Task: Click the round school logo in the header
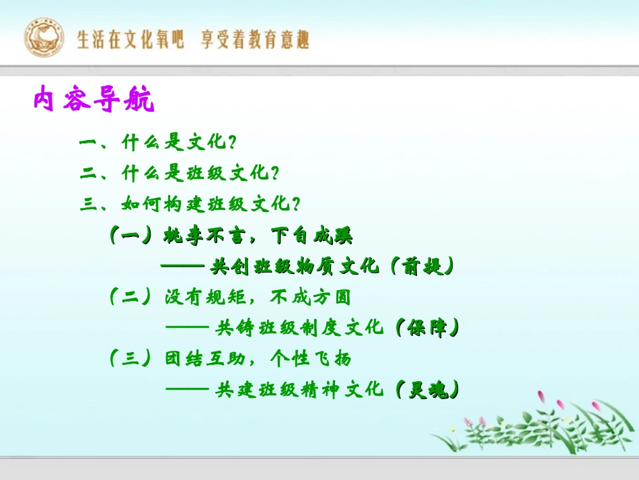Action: [x=44, y=38]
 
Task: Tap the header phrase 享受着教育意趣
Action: [x=256, y=40]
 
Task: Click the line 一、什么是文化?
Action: [x=159, y=143]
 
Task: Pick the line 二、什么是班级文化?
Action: [x=179, y=173]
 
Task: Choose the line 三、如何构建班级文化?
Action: [x=190, y=203]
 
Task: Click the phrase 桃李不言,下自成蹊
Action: [x=259, y=236]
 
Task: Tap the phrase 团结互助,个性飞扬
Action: [x=258, y=358]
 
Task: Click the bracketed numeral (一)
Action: [x=130, y=236]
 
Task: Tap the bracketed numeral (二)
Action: [x=130, y=297]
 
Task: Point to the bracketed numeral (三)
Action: [x=130, y=358]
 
